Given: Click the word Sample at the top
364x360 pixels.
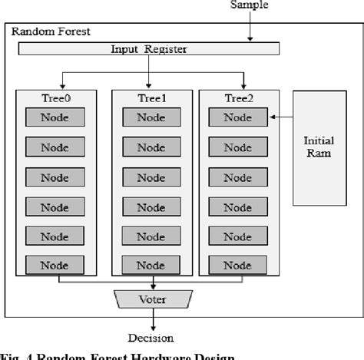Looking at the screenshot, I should pos(252,5).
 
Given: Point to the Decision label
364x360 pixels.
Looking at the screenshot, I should pos(151,337).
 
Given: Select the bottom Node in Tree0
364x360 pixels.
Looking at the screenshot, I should pos(55,266).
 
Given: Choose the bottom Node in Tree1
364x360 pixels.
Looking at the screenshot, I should pos(151,266).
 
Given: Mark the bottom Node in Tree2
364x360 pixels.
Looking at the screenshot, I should pos(237,266).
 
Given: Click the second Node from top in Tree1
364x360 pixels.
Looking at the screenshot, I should pos(151,147).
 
